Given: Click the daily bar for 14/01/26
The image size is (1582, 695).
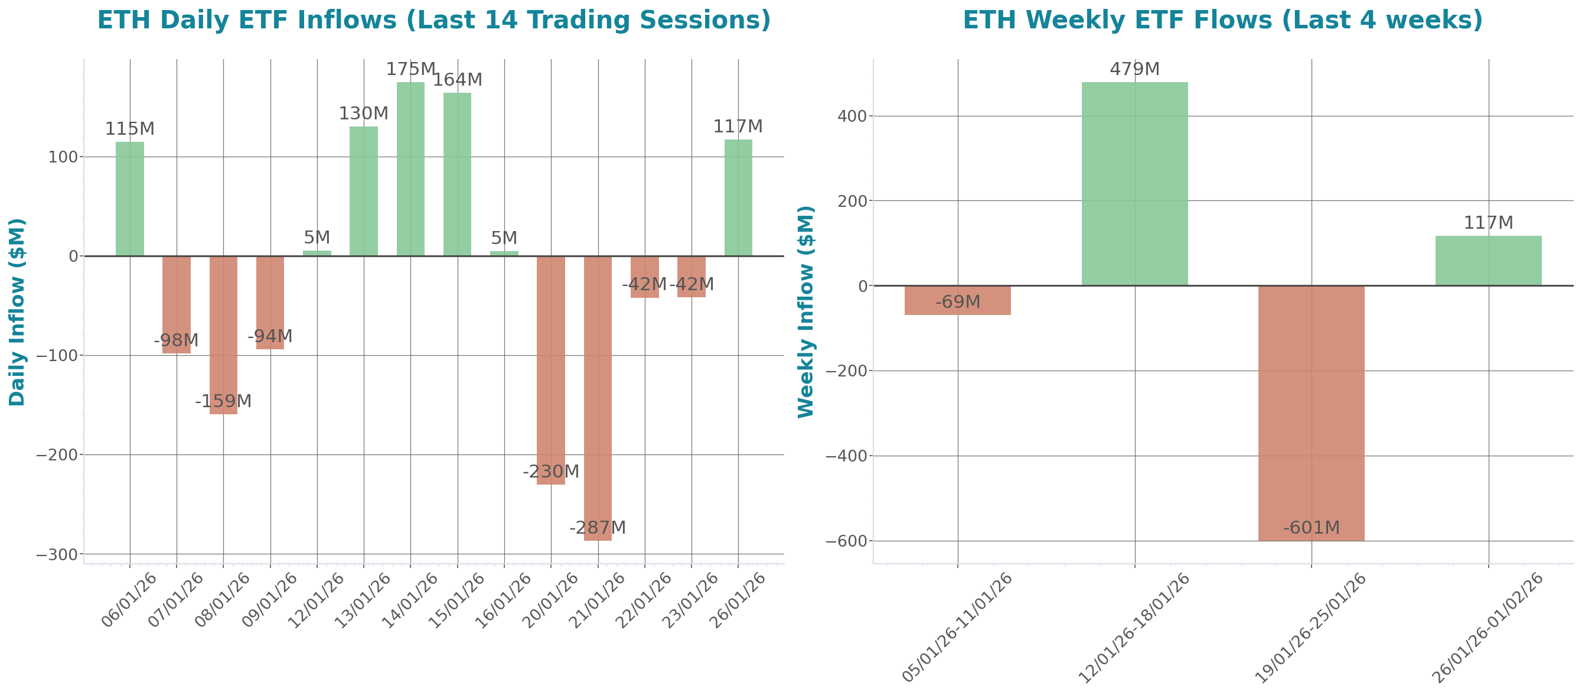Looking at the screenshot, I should pyautogui.click(x=410, y=169).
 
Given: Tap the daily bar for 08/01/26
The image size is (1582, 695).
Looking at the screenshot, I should pyautogui.click(x=224, y=335).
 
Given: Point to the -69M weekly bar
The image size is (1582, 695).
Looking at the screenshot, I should pyautogui.click(x=957, y=300).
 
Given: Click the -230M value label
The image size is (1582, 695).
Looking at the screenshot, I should pyautogui.click(x=550, y=472).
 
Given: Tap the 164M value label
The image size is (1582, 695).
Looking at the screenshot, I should pyautogui.click(x=458, y=80).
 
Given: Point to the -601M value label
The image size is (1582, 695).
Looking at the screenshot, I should pyautogui.click(x=1311, y=528).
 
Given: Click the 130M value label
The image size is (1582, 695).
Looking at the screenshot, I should pyautogui.click(x=364, y=113).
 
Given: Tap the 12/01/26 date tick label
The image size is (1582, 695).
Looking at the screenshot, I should pyautogui.click(x=317, y=600).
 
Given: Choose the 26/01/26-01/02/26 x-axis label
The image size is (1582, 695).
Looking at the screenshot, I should pyautogui.click(x=1487, y=627).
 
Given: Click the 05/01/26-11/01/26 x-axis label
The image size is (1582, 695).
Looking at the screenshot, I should pyautogui.click(x=957, y=627).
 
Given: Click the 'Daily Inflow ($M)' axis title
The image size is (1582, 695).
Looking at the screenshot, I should pyautogui.click(x=17, y=312).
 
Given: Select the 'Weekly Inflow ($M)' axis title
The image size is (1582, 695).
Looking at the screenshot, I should pyautogui.click(x=805, y=312).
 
